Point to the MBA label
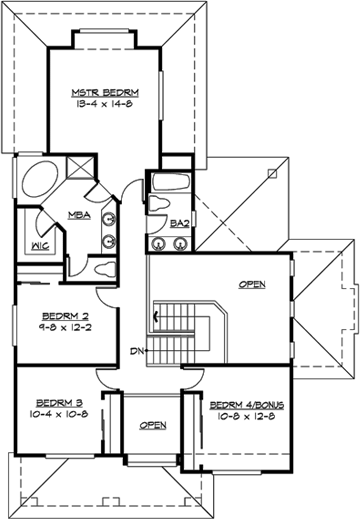75,214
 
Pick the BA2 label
180,222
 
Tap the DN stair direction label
138,350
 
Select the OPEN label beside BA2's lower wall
253,284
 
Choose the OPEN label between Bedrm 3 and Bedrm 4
152,425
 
